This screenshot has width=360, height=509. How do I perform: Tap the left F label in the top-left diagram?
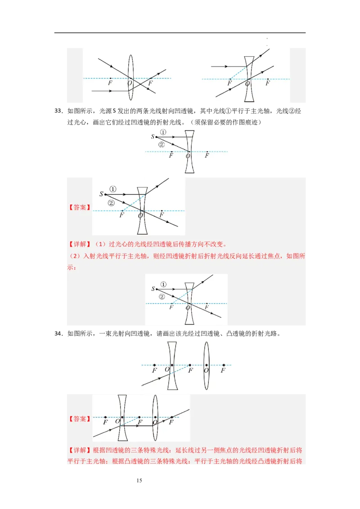[x=110, y=83]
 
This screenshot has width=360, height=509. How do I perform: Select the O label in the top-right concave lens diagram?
[x=247, y=84]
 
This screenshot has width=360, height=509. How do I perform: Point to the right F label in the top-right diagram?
[x=268, y=83]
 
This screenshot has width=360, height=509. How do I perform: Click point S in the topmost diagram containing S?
[x=153, y=137]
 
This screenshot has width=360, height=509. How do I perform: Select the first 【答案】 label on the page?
[x=79, y=207]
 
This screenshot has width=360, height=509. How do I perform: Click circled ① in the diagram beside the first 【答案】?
[x=112, y=189]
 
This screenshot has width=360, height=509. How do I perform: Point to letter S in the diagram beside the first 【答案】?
[x=101, y=194]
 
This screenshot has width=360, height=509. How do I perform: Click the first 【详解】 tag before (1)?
[x=79, y=245]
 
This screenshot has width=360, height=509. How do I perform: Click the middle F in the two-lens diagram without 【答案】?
[x=190, y=371]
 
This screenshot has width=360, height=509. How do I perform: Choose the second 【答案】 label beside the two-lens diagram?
[x=79, y=419]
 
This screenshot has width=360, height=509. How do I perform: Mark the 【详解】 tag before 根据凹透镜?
[x=79, y=450]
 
